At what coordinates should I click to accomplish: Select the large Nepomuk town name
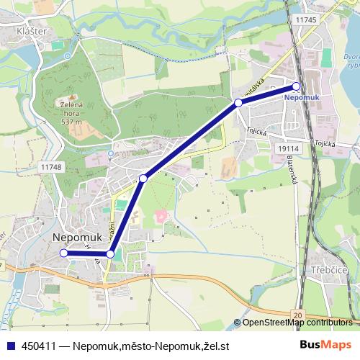[x=80, y=236]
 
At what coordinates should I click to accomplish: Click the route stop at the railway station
[x=297, y=86]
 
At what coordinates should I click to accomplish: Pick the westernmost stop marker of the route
[x=63, y=253]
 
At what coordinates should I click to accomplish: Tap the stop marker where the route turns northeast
[x=110, y=253]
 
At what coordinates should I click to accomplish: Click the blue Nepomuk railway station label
[x=302, y=96]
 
